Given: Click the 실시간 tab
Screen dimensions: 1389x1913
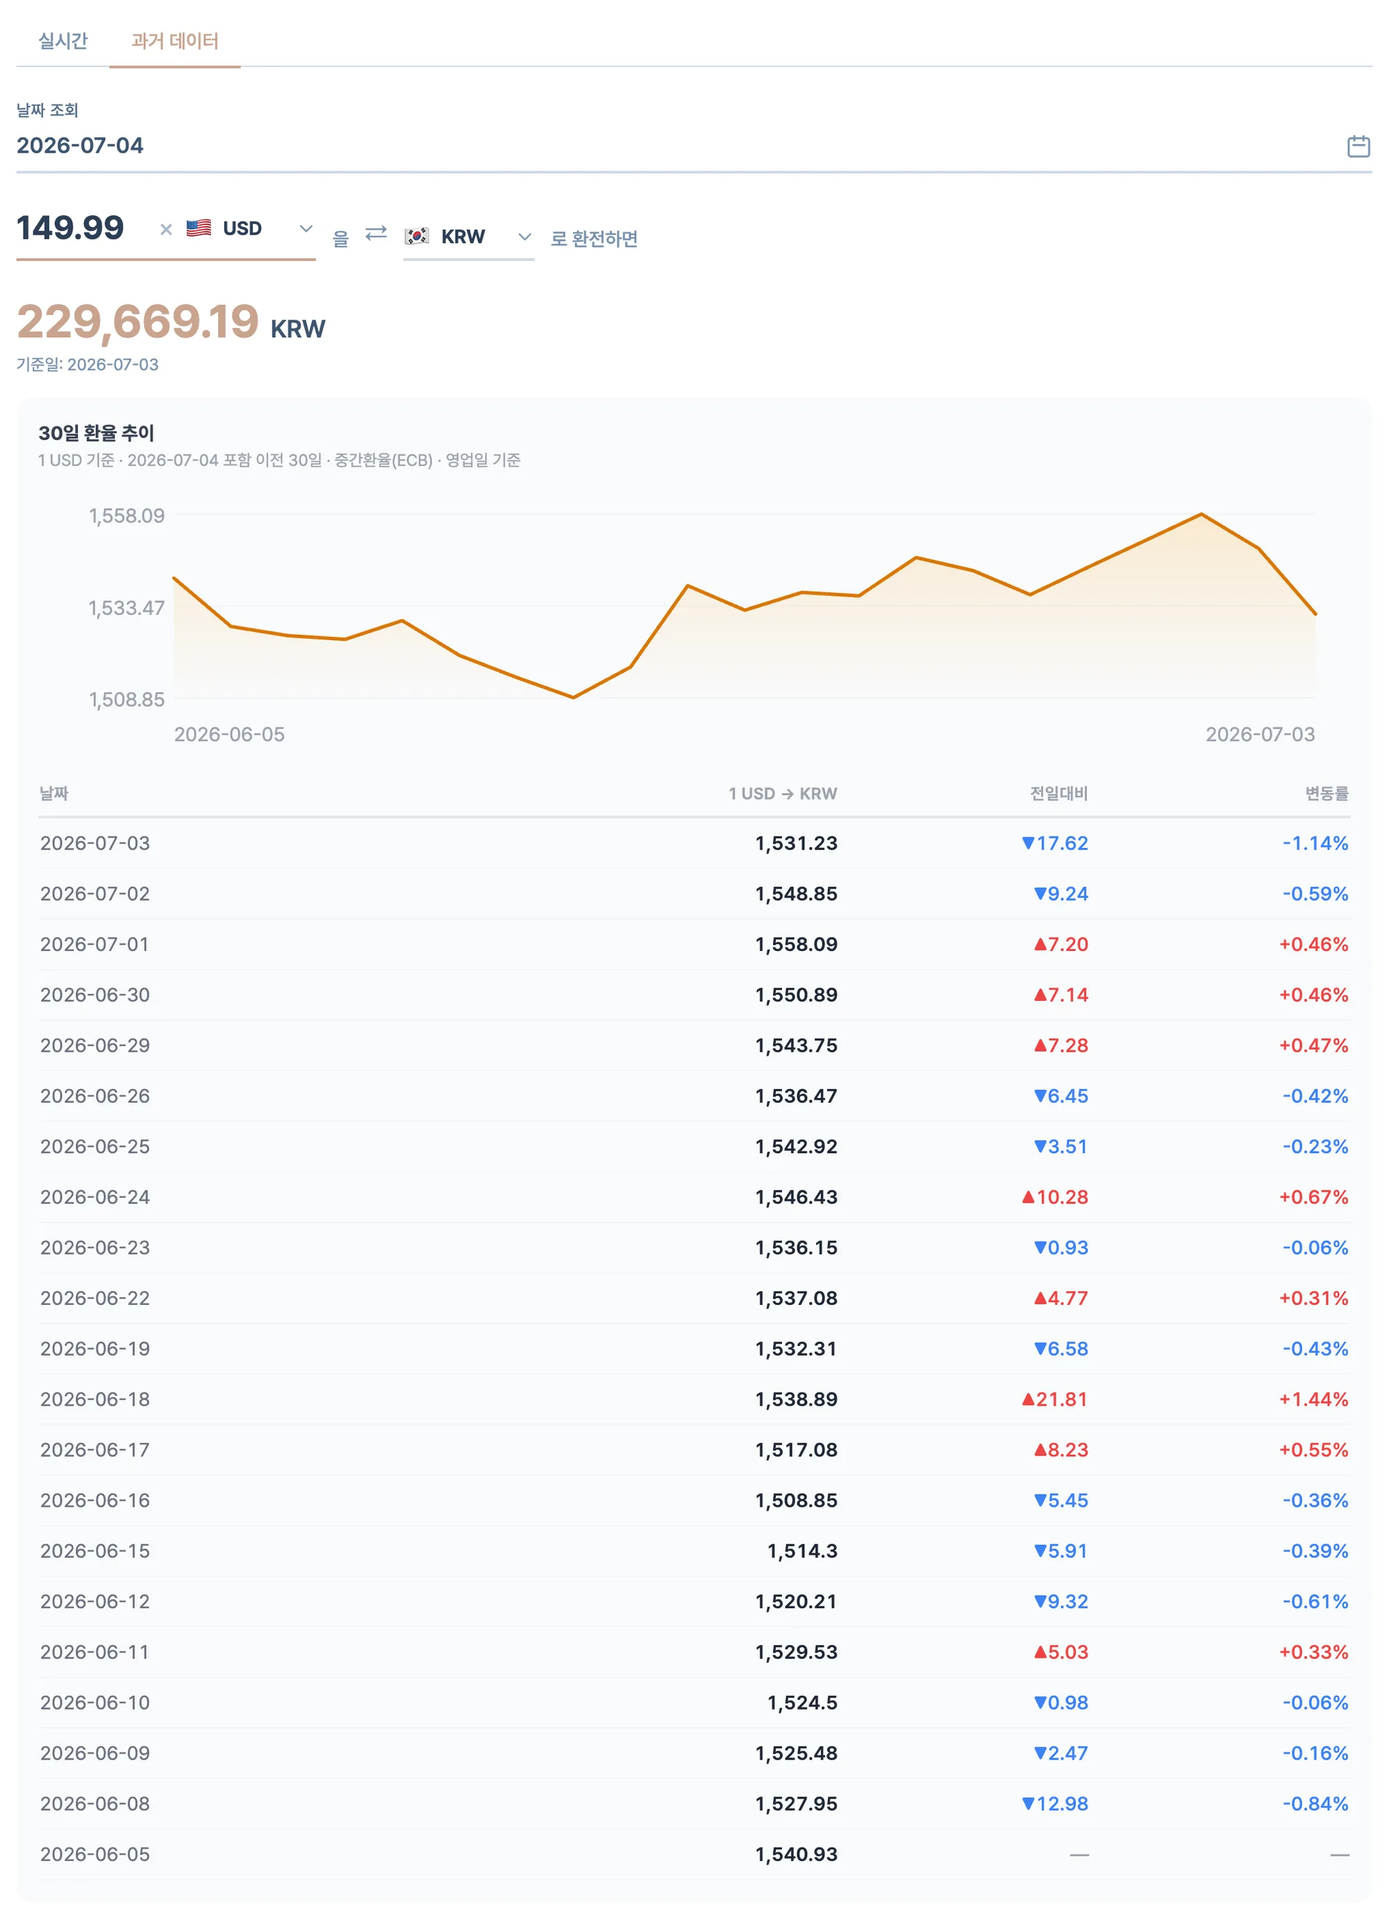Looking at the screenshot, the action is point(63,40).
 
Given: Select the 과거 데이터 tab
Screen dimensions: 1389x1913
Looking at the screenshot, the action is point(175,40).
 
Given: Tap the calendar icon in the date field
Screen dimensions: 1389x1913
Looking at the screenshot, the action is point(1358,146).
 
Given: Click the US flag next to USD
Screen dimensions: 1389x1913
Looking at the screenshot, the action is point(199,228).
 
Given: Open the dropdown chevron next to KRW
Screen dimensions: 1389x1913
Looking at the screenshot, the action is point(524,237).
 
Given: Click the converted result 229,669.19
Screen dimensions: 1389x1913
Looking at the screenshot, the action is point(138,321).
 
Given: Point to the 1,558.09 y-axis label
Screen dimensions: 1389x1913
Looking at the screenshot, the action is point(126,515).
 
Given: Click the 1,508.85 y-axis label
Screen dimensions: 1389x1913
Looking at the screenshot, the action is point(126,699).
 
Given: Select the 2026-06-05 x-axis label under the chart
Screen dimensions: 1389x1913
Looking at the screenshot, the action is point(228,734).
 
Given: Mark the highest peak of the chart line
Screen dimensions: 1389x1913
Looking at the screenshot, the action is point(1201,514).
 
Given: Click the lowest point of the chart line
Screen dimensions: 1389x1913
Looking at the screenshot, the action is point(573,698).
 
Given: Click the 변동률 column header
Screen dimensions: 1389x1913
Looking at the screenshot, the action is point(1326,793).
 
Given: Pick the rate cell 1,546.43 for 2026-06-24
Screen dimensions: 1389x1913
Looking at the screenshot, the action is point(796,1197).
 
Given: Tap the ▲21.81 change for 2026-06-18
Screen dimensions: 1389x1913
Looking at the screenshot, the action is point(1054,1399).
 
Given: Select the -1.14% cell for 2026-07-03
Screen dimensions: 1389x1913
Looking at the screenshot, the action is point(1315,843).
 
